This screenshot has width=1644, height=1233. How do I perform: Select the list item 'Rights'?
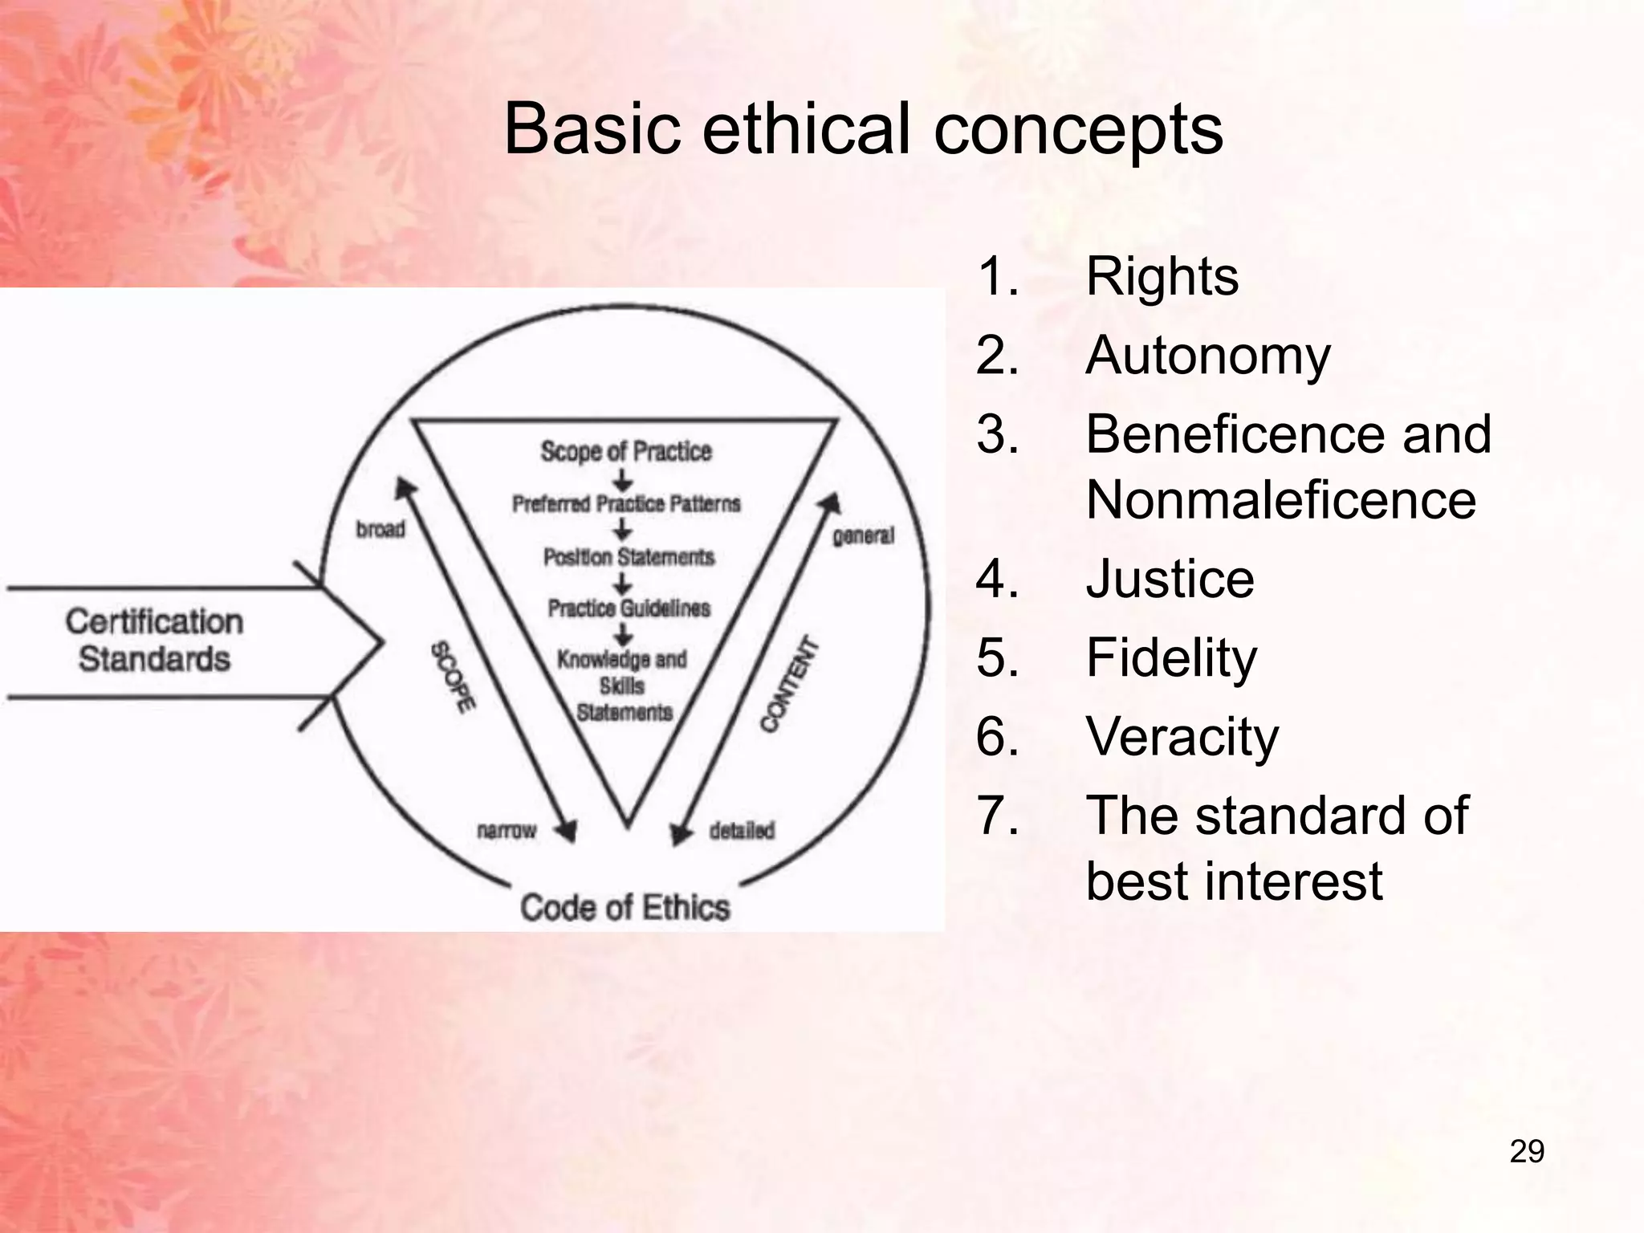(x=1162, y=277)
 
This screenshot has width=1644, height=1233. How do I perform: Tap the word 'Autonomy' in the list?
(x=1207, y=356)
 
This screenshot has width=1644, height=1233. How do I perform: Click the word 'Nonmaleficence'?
(x=1280, y=499)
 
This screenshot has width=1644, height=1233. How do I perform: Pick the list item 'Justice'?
(x=1170, y=579)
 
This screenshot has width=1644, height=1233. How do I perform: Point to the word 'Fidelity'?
(x=1171, y=657)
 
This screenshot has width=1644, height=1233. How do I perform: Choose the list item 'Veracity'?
(x=1182, y=736)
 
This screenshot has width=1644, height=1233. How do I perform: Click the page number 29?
(x=1526, y=1151)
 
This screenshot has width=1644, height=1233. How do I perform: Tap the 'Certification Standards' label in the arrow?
(x=154, y=641)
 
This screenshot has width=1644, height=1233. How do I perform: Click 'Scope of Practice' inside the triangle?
(x=626, y=451)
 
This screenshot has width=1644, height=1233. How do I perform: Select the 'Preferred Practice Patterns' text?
(x=626, y=504)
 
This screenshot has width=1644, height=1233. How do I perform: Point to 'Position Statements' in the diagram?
(x=629, y=557)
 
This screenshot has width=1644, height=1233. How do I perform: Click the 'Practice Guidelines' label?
(x=629, y=608)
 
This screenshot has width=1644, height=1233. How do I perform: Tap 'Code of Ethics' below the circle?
(x=625, y=908)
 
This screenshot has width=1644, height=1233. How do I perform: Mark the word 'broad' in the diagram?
(x=380, y=530)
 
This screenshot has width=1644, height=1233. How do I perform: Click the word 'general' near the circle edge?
(x=863, y=535)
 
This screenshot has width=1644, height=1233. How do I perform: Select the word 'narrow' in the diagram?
(x=506, y=830)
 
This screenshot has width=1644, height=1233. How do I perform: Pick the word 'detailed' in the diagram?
(x=742, y=830)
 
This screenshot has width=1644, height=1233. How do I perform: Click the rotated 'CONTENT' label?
(x=790, y=685)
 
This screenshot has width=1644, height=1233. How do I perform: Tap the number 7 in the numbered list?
(x=997, y=816)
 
